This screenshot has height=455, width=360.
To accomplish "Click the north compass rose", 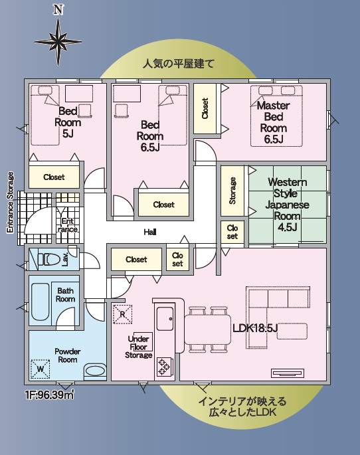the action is pyautogui.click(x=58, y=42).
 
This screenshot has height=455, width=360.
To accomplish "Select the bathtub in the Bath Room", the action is pyautogui.click(x=40, y=302).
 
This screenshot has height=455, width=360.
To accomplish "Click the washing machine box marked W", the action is pyautogui.click(x=41, y=369).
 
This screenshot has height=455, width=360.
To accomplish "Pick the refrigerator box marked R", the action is pyautogui.click(x=122, y=314).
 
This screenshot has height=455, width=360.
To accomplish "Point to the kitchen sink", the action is pyautogui.click(x=165, y=319).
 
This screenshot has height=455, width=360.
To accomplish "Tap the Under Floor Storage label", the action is pyautogui.click(x=138, y=347).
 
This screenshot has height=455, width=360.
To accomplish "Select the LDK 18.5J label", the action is pyautogui.click(x=255, y=328).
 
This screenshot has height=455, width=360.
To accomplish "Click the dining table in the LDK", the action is pyautogui.click(x=208, y=329).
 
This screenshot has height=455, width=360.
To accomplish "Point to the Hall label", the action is pyautogui.click(x=150, y=232).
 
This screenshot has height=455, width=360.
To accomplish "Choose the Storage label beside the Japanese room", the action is pyautogui.click(x=232, y=191).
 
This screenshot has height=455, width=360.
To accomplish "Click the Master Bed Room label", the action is pyautogui.click(x=274, y=122).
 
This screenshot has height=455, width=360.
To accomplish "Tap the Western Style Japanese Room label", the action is pyautogui.click(x=287, y=205).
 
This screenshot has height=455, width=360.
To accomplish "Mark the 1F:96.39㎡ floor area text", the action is pyautogui.click(x=50, y=395).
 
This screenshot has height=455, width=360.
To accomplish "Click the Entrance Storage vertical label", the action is pyautogui.click(x=10, y=202).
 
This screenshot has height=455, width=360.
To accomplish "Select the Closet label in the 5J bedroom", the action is pyautogui.click(x=54, y=177).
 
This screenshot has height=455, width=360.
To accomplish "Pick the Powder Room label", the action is pyautogui.click(x=67, y=355).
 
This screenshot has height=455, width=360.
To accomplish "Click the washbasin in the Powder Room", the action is pyautogui.click(x=95, y=371).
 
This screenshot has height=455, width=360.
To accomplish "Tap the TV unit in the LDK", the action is pyautogui.click(x=288, y=373).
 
